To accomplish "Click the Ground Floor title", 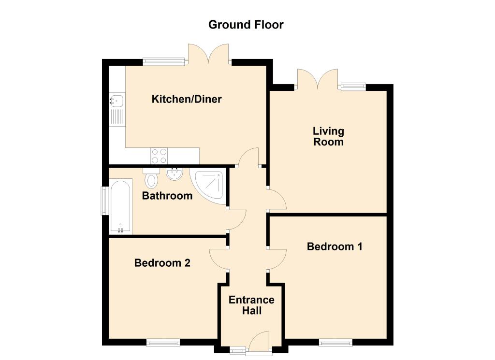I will point(246,24).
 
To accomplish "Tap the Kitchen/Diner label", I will point(187,100).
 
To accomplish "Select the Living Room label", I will point(328,136).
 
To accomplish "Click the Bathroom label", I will point(167,196).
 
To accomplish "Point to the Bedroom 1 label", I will point(335,246).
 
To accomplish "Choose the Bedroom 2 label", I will point(162,263).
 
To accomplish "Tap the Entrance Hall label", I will point(251,305).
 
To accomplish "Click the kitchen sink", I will point(117,101).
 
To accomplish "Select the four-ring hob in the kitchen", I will point(159,156).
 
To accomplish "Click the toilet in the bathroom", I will point(152,179).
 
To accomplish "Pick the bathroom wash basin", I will point(174,174).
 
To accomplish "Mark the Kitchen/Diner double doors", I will point(208,54).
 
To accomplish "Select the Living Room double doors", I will point(317,79).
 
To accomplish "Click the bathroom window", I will point(103,201).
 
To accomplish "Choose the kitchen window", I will point(164,61).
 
